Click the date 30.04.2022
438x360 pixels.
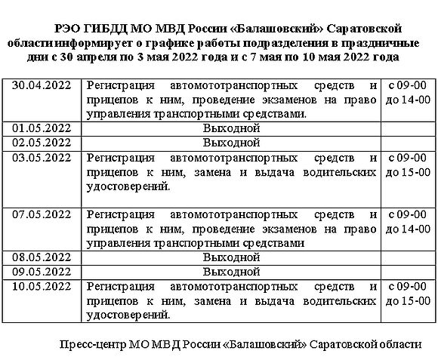(43, 86)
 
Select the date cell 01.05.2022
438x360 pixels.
(43, 128)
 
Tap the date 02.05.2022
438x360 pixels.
(43, 142)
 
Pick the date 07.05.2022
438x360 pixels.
(43, 214)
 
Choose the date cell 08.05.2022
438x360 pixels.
(43, 257)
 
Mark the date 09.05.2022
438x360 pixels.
(43, 271)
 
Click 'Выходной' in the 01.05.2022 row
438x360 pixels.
(231, 128)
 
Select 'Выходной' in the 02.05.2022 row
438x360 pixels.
(231, 142)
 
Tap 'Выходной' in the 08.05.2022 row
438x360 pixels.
(231, 257)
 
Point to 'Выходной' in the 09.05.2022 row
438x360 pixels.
(231, 271)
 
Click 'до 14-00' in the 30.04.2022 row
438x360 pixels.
(408, 100)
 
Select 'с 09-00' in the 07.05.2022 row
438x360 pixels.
(408, 214)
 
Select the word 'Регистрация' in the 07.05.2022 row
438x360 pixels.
(121, 214)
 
